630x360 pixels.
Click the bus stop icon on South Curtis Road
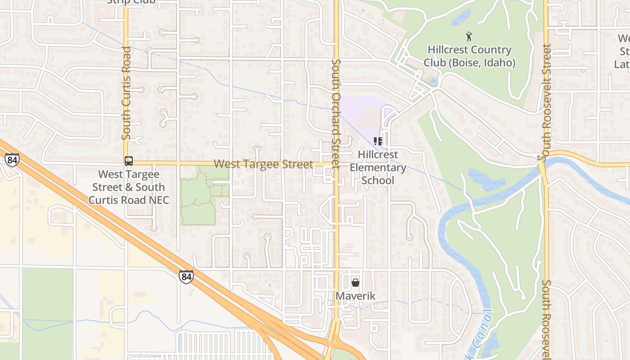pyautogui.click(x=129, y=161)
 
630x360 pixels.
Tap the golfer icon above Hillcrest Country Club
pyautogui.click(x=469, y=36)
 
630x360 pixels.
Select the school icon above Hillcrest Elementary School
pyautogui.click(x=378, y=142)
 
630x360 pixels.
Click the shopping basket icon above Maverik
pyautogui.click(x=355, y=283)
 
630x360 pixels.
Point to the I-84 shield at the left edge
pyautogui.click(x=12, y=160)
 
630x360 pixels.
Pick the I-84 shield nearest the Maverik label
pyautogui.click(x=186, y=276)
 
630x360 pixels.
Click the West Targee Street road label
pyautogui.click(x=263, y=164)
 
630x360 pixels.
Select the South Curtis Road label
pyautogui.click(x=126, y=93)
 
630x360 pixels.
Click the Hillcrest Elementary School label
pyautogui.click(x=378, y=167)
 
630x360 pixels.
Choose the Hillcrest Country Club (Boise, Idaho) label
pyautogui.click(x=469, y=56)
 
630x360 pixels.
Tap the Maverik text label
pyautogui.click(x=355, y=296)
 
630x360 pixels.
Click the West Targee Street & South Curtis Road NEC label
pyautogui.click(x=129, y=187)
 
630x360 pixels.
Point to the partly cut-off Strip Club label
pyautogui.click(x=131, y=2)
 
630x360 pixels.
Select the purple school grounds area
pyautogui.click(x=360, y=112)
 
